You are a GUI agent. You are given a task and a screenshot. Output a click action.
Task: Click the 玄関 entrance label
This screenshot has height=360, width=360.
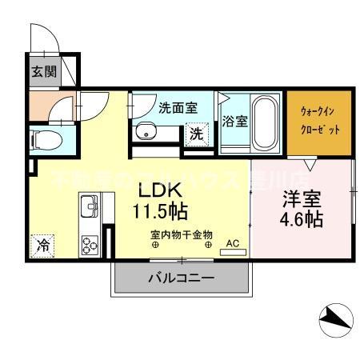coord(44,71)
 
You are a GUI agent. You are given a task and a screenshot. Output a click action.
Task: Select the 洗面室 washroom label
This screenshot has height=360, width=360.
coord(177,108)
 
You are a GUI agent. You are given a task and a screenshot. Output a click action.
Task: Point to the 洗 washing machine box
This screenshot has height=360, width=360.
coord(195,135)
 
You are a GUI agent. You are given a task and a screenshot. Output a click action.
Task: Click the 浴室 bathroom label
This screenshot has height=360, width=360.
coord(234,122)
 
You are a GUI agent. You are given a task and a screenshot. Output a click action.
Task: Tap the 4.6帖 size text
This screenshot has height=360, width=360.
coord(302,218)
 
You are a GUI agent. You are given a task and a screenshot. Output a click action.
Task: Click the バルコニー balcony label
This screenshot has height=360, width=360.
coord(180,279)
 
